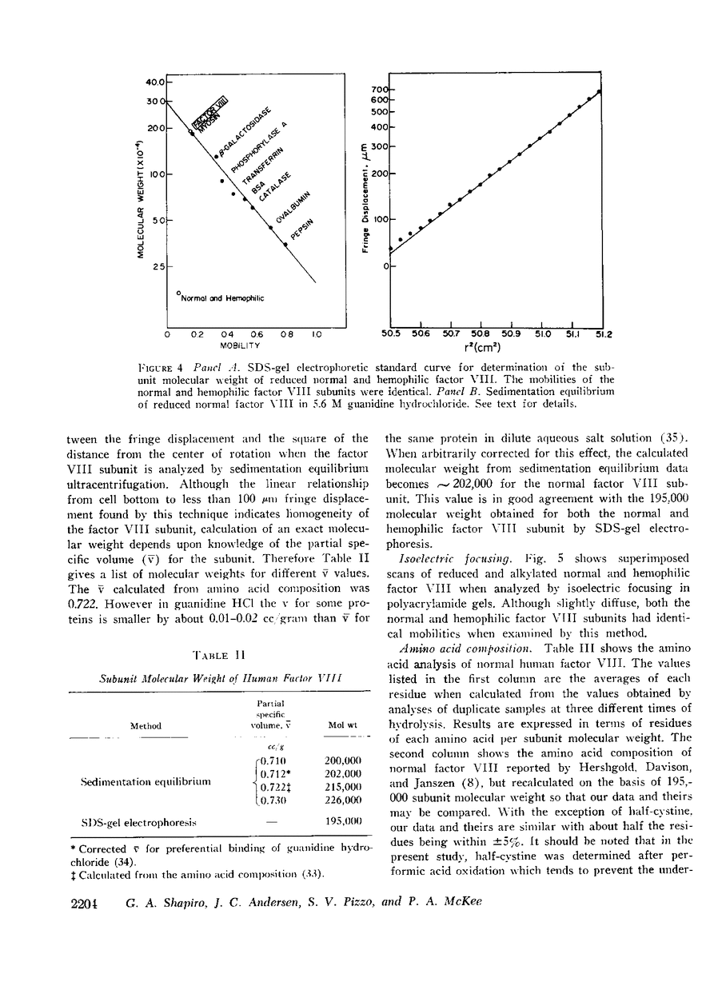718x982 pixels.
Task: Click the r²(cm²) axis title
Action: pos(498,349)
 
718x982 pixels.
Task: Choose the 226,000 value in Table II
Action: pos(344,800)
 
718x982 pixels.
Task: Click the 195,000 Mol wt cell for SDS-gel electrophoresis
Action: pos(344,821)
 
